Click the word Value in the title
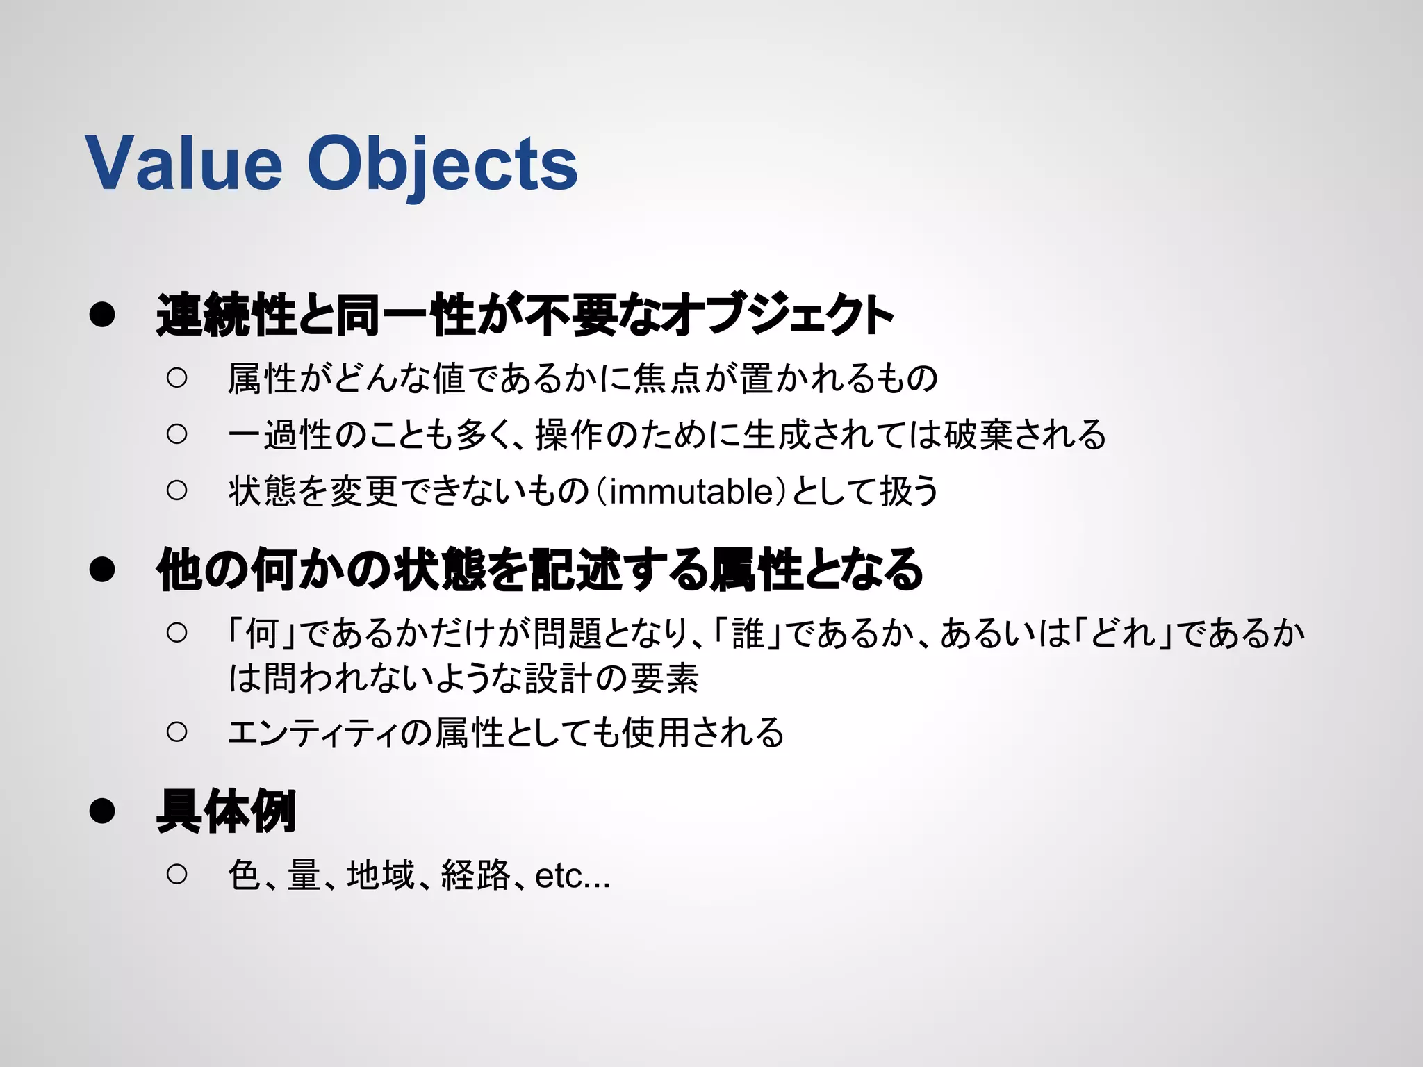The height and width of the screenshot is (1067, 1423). click(x=184, y=163)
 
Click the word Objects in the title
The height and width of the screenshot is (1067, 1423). click(x=443, y=165)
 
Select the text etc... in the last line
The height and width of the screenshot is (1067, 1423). click(x=573, y=875)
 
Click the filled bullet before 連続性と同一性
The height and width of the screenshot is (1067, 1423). click(x=102, y=315)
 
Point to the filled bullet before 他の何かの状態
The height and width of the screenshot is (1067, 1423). click(x=102, y=569)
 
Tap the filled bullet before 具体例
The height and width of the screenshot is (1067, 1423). click(x=102, y=811)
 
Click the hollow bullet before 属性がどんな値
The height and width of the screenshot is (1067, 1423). click(x=177, y=378)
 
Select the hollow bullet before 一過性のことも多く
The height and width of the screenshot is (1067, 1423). click(x=177, y=434)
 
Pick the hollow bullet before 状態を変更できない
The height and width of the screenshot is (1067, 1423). click(x=177, y=490)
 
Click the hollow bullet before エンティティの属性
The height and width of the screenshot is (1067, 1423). click(x=177, y=731)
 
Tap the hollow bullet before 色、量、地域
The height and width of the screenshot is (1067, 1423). click(x=177, y=874)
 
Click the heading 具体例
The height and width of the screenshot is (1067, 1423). click(x=227, y=811)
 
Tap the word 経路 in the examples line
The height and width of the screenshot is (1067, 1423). click(x=475, y=875)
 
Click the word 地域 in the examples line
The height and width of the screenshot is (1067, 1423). click(x=381, y=875)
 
